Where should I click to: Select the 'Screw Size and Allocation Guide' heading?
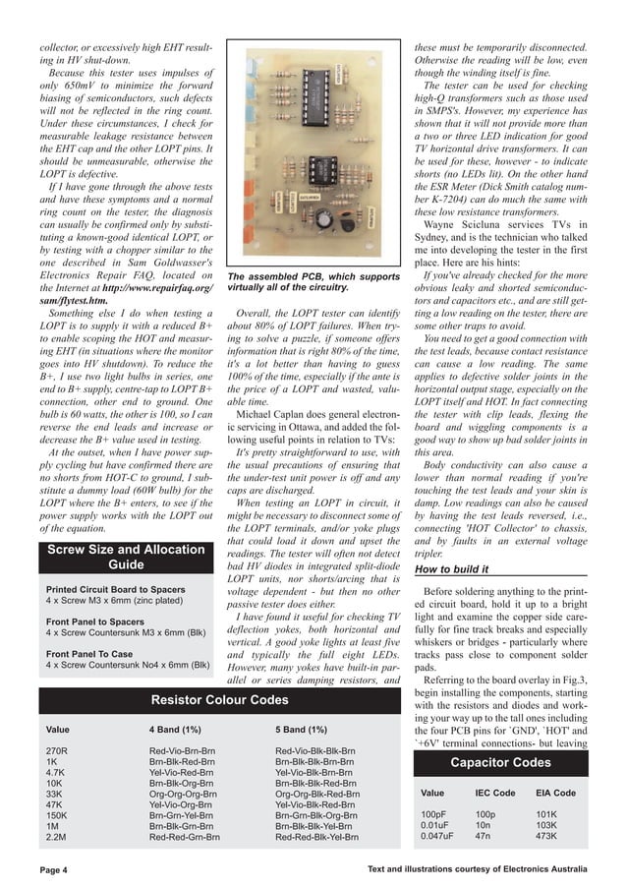126,557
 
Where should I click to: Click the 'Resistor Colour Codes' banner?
219,699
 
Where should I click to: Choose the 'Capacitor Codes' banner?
499,763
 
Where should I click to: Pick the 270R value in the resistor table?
58,750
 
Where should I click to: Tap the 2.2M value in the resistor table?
57,837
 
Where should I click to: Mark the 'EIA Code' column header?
555,793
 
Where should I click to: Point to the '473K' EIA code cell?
546,836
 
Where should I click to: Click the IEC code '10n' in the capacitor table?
484,825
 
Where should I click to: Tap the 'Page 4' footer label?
53,869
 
